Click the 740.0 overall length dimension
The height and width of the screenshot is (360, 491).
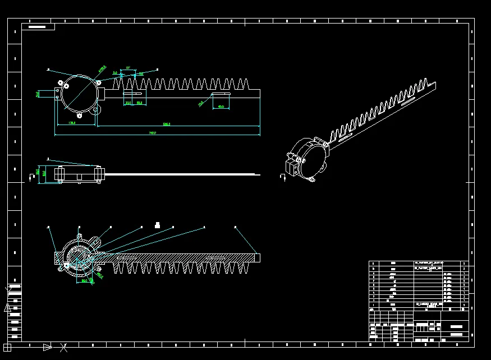pos(152,133)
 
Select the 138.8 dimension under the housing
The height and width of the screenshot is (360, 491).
pos(72,123)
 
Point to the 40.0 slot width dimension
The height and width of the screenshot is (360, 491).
pos(221,107)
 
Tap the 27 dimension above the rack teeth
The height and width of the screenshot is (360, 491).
pos(129,68)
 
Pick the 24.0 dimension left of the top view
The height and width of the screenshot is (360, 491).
pos(38,94)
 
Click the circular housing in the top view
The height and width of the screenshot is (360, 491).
pos(79,94)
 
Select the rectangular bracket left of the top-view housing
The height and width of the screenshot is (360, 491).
pos(58,93)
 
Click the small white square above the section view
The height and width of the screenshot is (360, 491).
pos(158,225)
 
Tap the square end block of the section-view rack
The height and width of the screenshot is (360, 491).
pos(256,257)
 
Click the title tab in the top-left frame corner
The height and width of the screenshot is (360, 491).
pos(38,26)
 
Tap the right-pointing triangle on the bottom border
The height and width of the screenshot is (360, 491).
pos(47,347)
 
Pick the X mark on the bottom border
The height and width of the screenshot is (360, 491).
pos(63,347)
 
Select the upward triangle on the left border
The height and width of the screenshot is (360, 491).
pos(7,308)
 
